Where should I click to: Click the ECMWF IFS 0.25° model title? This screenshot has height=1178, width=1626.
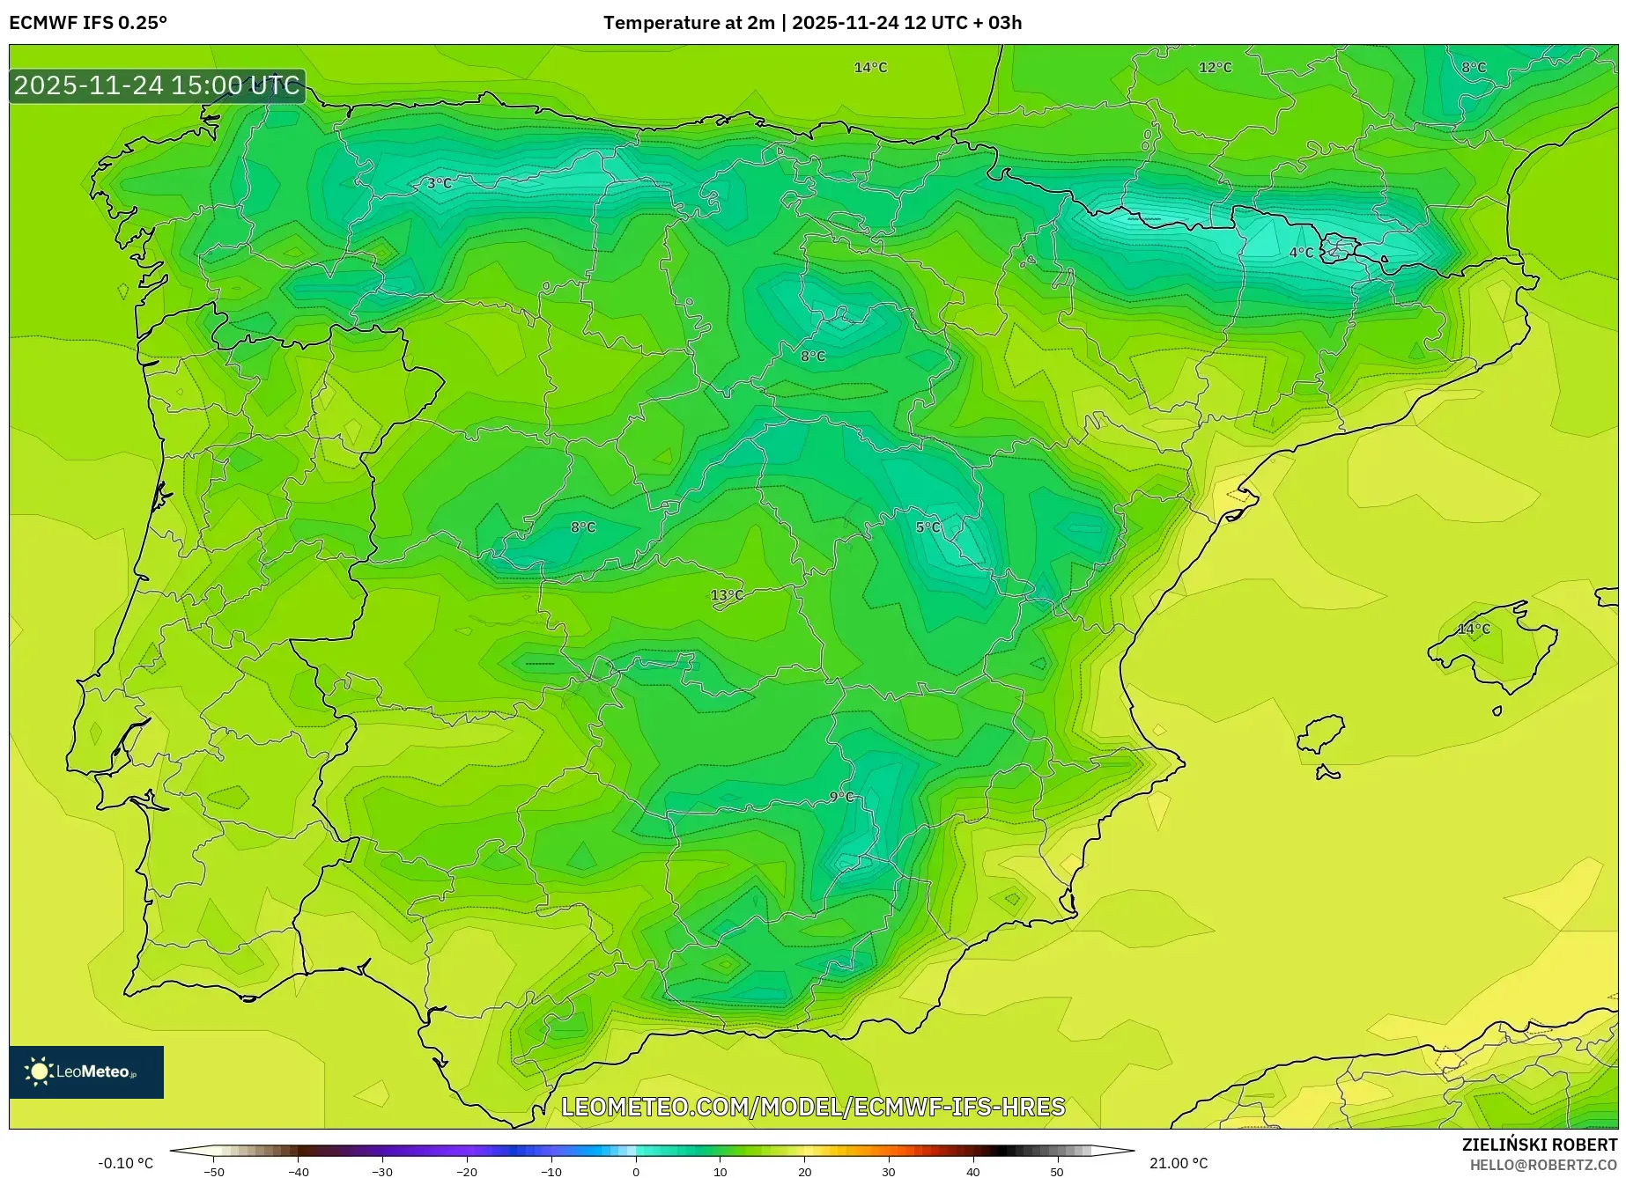[88, 23]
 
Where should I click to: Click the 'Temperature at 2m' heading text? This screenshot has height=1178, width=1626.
[688, 23]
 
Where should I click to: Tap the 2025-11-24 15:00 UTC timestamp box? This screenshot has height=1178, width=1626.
[157, 85]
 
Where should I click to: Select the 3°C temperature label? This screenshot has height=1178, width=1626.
[439, 183]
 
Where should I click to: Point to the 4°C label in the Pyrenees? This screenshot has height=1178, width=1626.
[1301, 253]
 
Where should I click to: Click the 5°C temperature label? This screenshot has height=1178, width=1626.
[928, 527]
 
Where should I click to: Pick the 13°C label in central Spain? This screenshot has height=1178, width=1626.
[727, 595]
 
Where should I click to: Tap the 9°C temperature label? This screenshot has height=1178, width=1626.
[841, 797]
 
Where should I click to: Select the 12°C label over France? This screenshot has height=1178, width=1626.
[1215, 68]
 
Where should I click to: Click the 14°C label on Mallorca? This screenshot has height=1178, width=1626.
[1474, 629]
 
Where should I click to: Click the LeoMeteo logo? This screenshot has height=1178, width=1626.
[86, 1071]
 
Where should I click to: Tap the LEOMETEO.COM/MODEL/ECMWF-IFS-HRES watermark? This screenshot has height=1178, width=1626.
[813, 1107]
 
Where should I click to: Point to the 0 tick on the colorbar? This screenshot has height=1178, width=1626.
[636, 1172]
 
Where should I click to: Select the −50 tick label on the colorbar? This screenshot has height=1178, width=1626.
[214, 1172]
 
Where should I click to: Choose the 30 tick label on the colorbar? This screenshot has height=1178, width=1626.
[888, 1172]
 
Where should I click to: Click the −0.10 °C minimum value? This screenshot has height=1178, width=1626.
[125, 1163]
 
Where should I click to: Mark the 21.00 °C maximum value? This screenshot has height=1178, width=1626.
[1179, 1163]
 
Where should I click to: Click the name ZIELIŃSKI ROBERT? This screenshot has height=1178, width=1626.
[1540, 1145]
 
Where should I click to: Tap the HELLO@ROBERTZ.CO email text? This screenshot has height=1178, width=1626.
[1543, 1165]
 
